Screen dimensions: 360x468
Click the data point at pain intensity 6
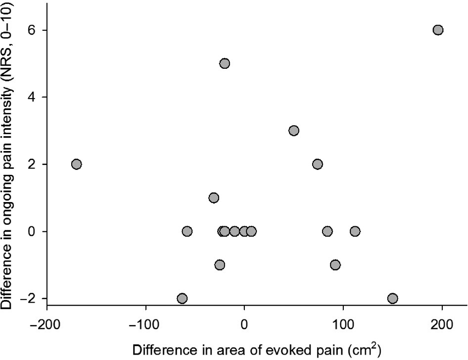click(x=438, y=30)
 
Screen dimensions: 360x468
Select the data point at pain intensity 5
click(x=225, y=63)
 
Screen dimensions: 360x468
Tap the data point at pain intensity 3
click(x=294, y=131)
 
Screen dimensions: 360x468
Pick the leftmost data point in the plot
click(x=76, y=164)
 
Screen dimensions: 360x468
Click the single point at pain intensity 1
click(x=214, y=198)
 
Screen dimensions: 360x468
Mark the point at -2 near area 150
click(x=393, y=298)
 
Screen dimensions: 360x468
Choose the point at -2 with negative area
click(x=182, y=298)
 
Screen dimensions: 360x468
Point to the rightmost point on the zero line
click(x=355, y=231)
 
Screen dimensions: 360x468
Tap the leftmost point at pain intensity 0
click(x=187, y=231)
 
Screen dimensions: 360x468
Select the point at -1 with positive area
click(x=335, y=264)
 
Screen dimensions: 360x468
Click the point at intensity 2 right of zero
click(x=318, y=164)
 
